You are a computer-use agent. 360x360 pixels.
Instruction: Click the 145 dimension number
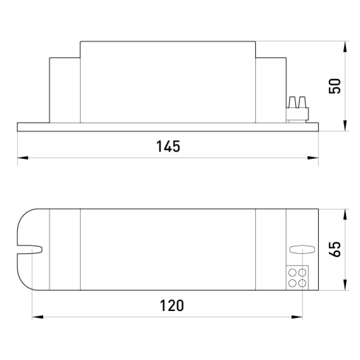(x=168, y=146)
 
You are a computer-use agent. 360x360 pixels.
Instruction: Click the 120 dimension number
(x=172, y=306)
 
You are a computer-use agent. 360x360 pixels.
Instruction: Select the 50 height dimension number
(x=334, y=86)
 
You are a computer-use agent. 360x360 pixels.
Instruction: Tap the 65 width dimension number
(x=334, y=249)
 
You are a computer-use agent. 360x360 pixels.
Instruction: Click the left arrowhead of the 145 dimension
(x=23, y=158)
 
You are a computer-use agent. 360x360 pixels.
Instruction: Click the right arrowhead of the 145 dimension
(x=313, y=158)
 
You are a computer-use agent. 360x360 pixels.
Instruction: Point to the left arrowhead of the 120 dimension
(x=38, y=317)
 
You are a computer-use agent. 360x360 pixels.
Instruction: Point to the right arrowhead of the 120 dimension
(x=297, y=317)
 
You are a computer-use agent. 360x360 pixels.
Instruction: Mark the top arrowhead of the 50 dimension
(x=345, y=47)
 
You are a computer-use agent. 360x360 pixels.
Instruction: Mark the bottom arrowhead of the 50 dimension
(x=345, y=126)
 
